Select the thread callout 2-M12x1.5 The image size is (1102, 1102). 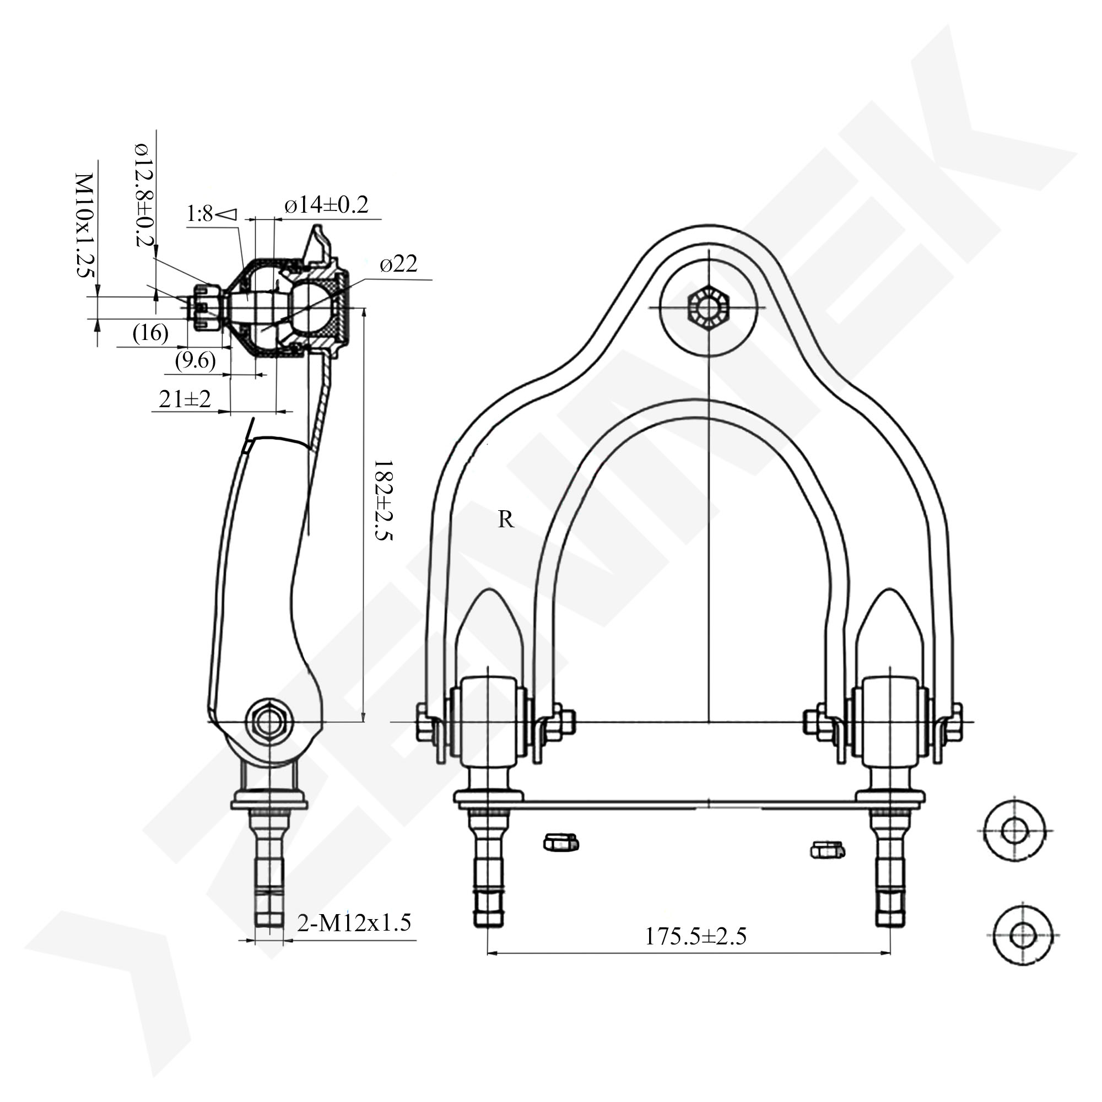354,922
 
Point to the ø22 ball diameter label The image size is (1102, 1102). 399,263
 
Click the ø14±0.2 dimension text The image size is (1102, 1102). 326,205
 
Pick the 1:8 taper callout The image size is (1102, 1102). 210,214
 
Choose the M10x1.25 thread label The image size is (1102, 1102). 84,225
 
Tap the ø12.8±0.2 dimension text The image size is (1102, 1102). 145,194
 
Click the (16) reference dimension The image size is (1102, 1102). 150,333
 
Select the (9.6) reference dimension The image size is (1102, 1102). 195,360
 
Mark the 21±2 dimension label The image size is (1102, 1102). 184,399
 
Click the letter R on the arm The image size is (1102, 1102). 506,520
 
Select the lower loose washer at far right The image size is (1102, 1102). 1022,935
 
